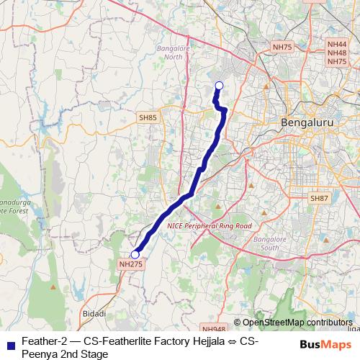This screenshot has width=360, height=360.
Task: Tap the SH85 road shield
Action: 148,117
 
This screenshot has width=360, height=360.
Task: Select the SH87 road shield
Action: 318,198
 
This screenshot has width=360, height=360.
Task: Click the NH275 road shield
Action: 127,266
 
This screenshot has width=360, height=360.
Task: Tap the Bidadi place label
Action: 94,313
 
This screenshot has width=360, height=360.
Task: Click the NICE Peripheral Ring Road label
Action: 209,225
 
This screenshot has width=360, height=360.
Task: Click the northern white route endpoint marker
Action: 219,87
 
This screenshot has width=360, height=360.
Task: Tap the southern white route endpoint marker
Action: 135,254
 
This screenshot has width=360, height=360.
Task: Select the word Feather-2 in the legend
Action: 41,341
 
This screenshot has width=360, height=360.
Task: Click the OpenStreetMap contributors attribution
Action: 297,322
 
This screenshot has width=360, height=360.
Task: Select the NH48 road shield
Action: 337,53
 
